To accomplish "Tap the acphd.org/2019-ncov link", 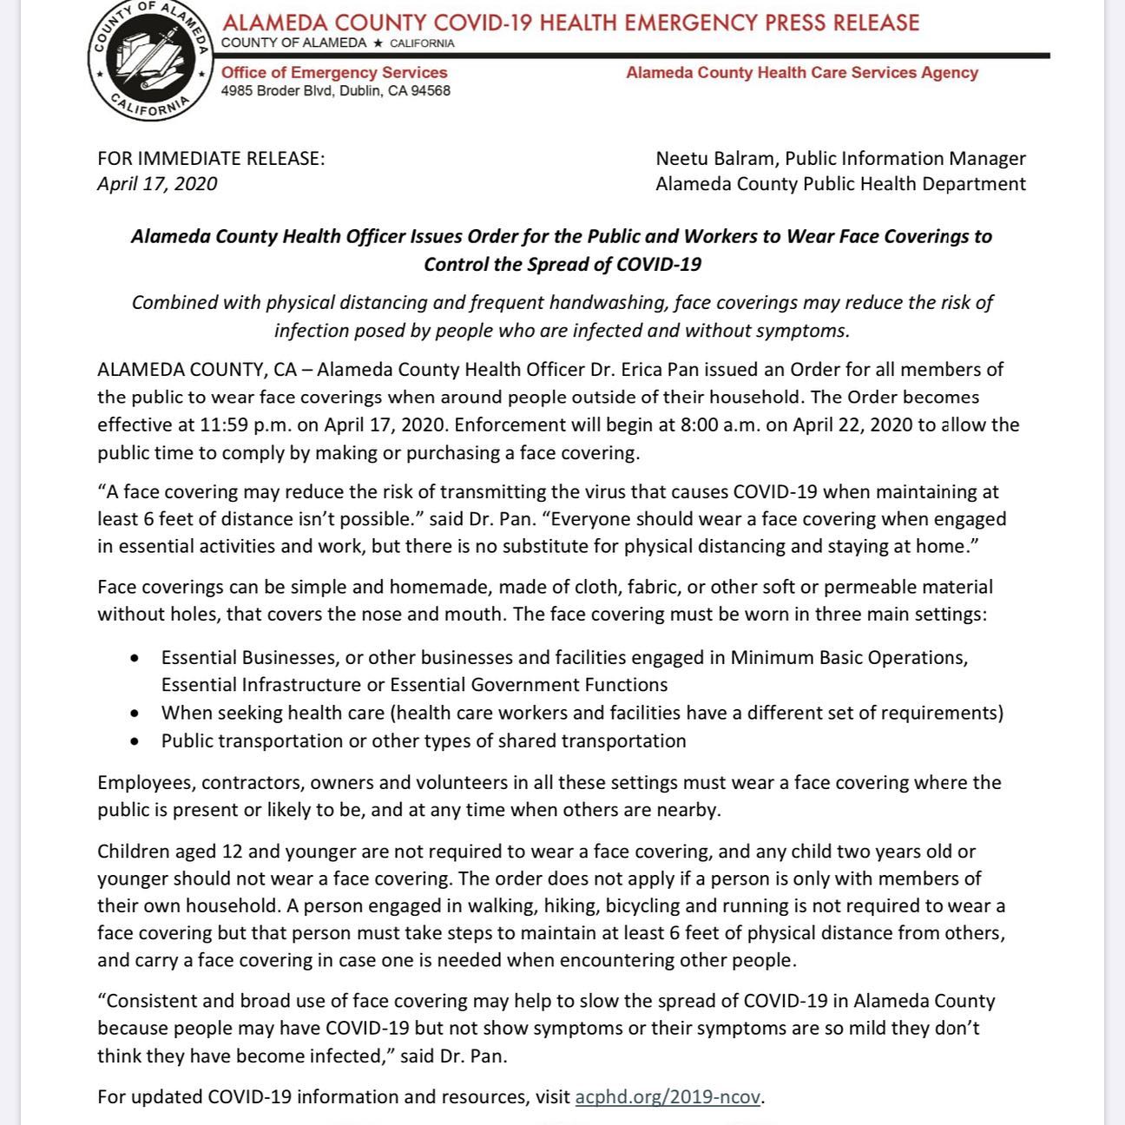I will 668,1096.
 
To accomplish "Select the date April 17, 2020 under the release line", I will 157,184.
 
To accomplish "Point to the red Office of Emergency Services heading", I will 334,73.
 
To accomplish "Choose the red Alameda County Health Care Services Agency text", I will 801,73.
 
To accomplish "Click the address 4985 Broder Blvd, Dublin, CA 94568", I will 335,91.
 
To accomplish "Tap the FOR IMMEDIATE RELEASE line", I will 211,158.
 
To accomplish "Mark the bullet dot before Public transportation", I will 134,741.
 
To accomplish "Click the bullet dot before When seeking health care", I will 134,714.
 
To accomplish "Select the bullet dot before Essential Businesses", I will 134,658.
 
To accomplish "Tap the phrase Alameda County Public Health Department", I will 840,184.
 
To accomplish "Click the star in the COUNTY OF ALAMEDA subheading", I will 378,43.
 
